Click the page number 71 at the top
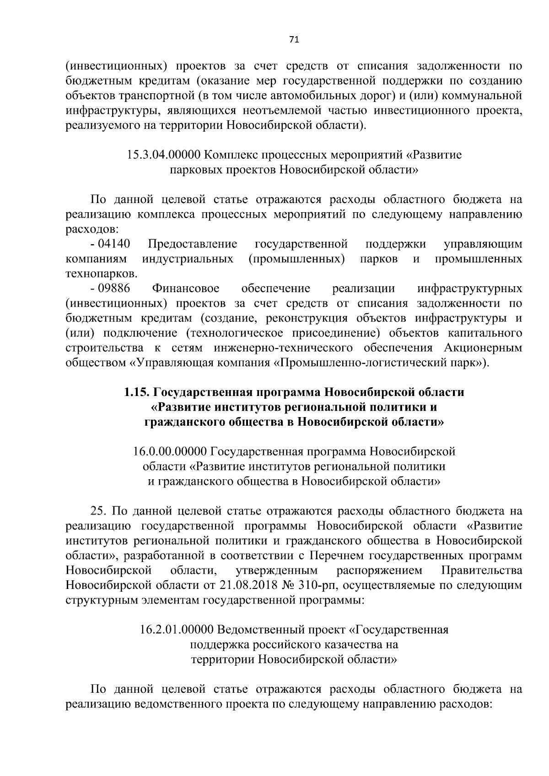294,40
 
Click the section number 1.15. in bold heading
136,392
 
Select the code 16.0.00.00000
170,452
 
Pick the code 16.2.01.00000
177,630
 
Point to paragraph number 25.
99,511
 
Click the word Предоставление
193,244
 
